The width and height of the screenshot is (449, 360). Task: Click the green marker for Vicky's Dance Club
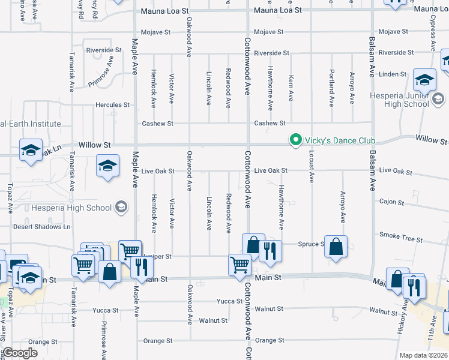pyautogui.click(x=295, y=141)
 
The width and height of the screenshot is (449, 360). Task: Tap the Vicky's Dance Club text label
pyautogui.click(x=340, y=141)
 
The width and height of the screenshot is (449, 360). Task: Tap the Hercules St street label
pyautogui.click(x=112, y=104)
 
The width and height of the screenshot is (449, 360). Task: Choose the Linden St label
pyautogui.click(x=393, y=74)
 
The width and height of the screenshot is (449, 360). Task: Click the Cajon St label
pyautogui.click(x=391, y=202)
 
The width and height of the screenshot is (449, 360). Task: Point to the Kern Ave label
pyautogui.click(x=291, y=88)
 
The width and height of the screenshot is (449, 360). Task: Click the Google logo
pyautogui.click(x=20, y=352)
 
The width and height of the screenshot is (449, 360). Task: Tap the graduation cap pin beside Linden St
pyautogui.click(x=424, y=80)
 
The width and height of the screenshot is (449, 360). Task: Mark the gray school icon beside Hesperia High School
pyautogui.click(x=121, y=208)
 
